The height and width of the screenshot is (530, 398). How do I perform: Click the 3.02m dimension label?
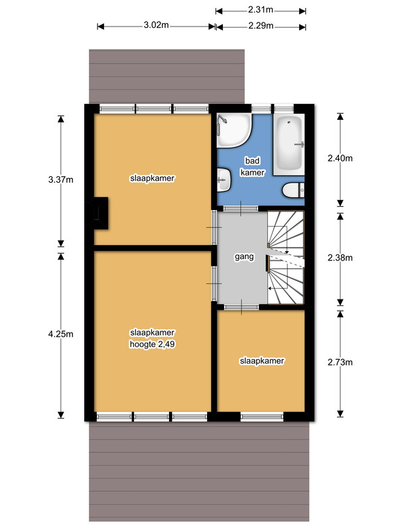[x=156, y=25]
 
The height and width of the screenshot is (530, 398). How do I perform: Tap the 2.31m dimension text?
[x=261, y=10]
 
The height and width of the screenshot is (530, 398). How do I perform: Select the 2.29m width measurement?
[x=261, y=26]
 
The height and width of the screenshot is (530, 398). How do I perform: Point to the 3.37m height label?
[x=60, y=180]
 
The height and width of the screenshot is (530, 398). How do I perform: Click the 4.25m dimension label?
[x=60, y=334]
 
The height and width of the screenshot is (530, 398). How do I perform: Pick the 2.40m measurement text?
[x=340, y=158]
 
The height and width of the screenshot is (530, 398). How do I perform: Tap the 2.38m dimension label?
[x=340, y=258]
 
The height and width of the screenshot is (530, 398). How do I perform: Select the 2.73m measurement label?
[x=340, y=362]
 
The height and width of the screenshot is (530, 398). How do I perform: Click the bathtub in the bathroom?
[x=289, y=144]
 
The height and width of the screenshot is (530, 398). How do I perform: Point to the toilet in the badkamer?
[x=293, y=190]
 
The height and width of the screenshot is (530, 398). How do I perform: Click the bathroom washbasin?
[x=224, y=180]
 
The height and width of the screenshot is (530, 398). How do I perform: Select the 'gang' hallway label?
[x=244, y=256]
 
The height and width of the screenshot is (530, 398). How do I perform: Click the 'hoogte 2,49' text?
[x=153, y=344]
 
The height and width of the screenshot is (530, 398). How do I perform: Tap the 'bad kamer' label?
[x=252, y=167]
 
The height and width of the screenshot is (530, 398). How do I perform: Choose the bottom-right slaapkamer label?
[x=262, y=361]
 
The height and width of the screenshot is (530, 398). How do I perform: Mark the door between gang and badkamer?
[x=241, y=209]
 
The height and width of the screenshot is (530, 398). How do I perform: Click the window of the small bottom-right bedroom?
[x=262, y=417]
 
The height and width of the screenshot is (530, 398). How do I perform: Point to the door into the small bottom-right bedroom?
[x=241, y=307]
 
